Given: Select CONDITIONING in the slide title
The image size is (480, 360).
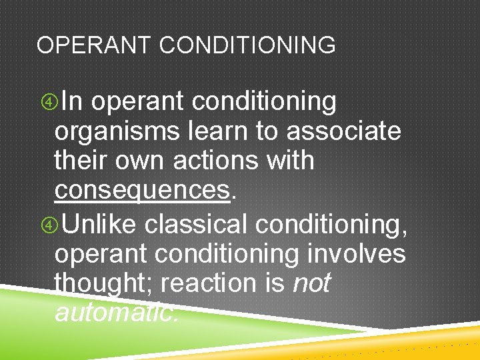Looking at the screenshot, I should [248, 45].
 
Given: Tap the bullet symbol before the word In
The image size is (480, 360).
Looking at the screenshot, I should [48, 103].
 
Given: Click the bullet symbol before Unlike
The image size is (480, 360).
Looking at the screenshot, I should [48, 225].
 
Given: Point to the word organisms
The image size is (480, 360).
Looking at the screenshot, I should [117, 132].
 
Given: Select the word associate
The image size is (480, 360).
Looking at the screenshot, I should [344, 131].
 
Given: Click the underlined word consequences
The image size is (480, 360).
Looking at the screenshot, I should [142, 191].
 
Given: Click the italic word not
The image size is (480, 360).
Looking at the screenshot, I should [311, 284].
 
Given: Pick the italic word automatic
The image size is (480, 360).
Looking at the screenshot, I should [116, 312].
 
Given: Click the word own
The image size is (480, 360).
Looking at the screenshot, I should [139, 162].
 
